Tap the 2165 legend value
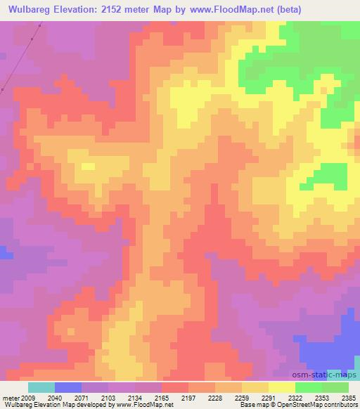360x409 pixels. pyautogui.click(x=150, y=397)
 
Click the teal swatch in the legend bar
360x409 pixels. pyautogui.click(x=41, y=387)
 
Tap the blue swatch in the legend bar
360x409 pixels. pyautogui.click(x=67, y=387)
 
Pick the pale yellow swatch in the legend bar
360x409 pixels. pyautogui.click(x=281, y=387)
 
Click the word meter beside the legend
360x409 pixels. pyautogui.click(x=10, y=397)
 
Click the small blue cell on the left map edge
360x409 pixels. pyautogui.click(x=5, y=251)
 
